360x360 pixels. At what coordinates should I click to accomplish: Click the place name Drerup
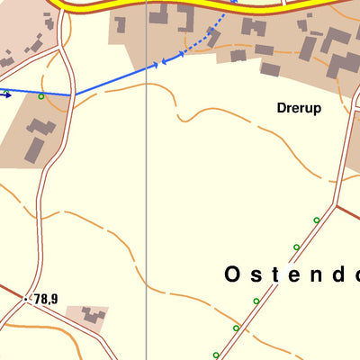299,107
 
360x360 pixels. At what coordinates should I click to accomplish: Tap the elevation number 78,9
46,299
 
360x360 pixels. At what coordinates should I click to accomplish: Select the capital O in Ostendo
232,274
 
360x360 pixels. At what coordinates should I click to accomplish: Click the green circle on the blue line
41,95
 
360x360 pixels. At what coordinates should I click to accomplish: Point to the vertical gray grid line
147,225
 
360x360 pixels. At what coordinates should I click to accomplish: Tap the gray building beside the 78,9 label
92,315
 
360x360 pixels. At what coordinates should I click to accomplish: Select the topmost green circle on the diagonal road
316,220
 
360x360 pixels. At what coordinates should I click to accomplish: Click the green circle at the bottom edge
216,355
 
